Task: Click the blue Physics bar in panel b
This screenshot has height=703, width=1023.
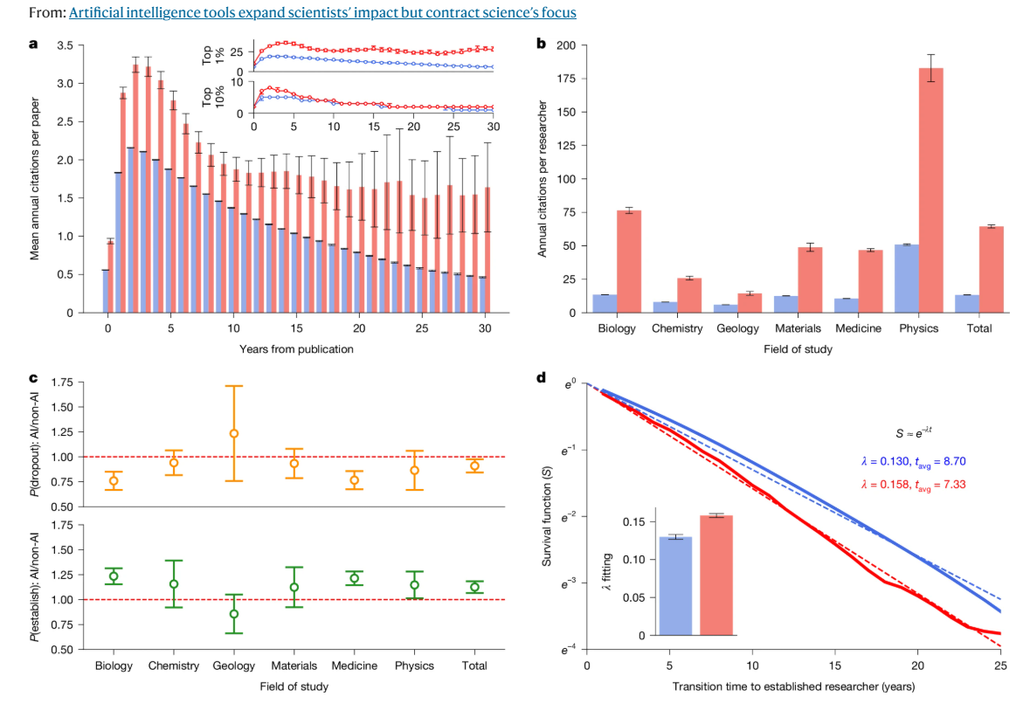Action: pyautogui.click(x=906, y=279)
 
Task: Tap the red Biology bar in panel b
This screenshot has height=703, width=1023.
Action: pyautogui.click(x=629, y=261)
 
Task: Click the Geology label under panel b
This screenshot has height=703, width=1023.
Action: pyautogui.click(x=738, y=328)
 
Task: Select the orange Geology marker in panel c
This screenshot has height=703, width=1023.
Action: pyautogui.click(x=233, y=433)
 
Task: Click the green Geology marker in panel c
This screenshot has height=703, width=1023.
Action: pyautogui.click(x=233, y=614)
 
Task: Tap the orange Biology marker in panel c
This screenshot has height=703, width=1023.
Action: pyautogui.click(x=114, y=480)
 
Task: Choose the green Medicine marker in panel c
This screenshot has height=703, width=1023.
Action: pyautogui.click(x=354, y=578)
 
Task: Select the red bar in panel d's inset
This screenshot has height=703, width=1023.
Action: pyautogui.click(x=716, y=575)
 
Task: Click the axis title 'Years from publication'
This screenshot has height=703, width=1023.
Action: pyautogui.click(x=297, y=349)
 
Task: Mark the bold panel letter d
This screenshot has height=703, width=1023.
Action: pyautogui.click(x=542, y=377)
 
